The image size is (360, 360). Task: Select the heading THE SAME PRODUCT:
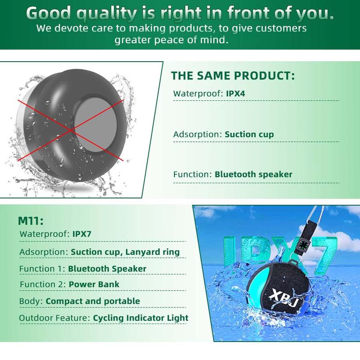click(x=233, y=76)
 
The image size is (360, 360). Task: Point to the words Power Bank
click(x=94, y=284)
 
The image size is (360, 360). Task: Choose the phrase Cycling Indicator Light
click(x=140, y=318)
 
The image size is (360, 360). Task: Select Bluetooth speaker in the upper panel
click(x=253, y=174)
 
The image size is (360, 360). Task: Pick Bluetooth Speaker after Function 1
click(x=107, y=269)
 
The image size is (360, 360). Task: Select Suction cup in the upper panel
click(x=249, y=134)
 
